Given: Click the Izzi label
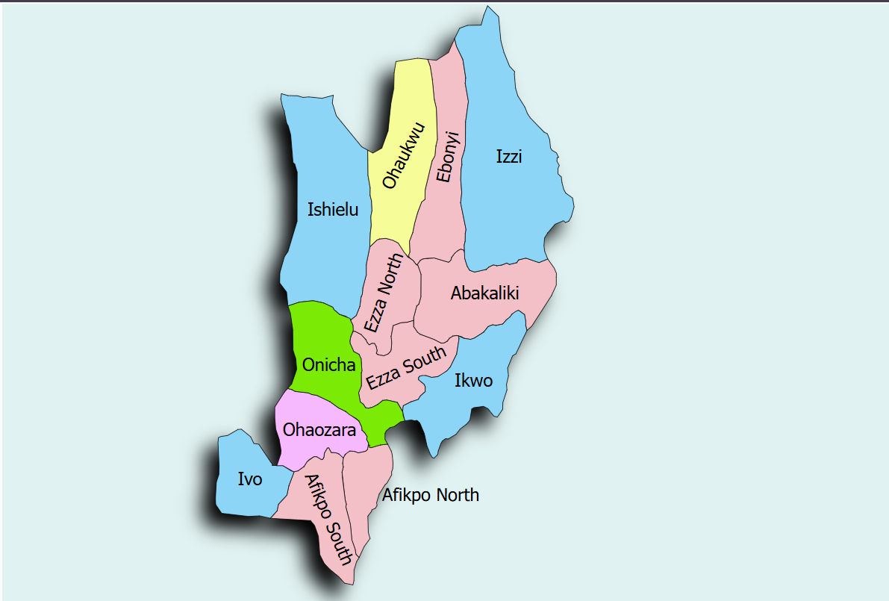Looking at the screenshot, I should point(509,157).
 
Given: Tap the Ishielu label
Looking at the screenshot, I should point(333,210).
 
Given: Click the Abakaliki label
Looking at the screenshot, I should point(484,293).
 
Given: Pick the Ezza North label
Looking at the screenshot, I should point(384,293).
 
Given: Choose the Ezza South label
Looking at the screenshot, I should point(407,367).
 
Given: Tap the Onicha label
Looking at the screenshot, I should point(328,365).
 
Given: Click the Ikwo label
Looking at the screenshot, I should point(473,381).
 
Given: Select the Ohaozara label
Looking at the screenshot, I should point(319,430).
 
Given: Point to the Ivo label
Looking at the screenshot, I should point(250,479).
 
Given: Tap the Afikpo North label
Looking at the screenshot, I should point(431,495).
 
